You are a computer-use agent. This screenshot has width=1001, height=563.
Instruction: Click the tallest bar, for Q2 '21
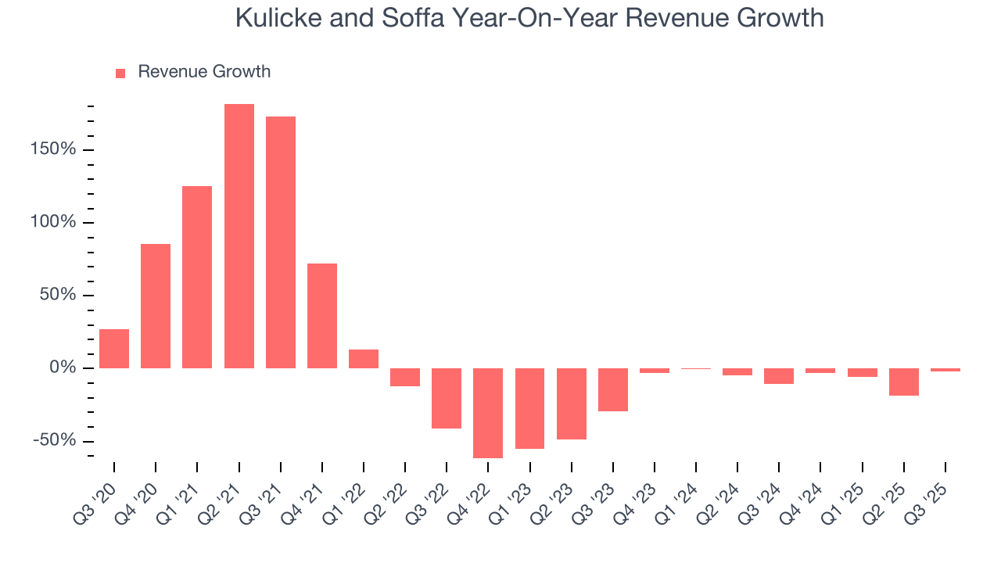(239, 236)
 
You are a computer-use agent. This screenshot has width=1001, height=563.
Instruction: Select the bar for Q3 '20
(114, 349)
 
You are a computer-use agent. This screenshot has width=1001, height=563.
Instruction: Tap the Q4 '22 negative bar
(488, 413)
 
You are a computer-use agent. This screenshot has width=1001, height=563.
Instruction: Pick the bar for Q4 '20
(156, 306)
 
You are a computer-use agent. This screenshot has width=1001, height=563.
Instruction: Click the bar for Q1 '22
(364, 359)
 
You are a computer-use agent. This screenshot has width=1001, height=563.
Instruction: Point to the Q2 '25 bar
(904, 382)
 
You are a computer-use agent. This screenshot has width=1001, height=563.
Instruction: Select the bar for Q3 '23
(613, 389)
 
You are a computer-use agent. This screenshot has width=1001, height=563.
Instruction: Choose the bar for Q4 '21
(322, 316)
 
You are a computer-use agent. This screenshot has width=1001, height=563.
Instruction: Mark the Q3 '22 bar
(447, 398)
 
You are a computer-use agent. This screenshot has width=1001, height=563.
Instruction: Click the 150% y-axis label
(55, 149)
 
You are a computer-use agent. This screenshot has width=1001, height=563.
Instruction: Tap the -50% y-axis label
(55, 440)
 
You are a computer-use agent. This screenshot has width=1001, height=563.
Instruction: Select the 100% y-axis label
(55, 222)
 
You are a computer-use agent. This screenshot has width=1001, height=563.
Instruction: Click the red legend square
(120, 73)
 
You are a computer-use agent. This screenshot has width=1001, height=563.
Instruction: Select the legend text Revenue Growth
(204, 72)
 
